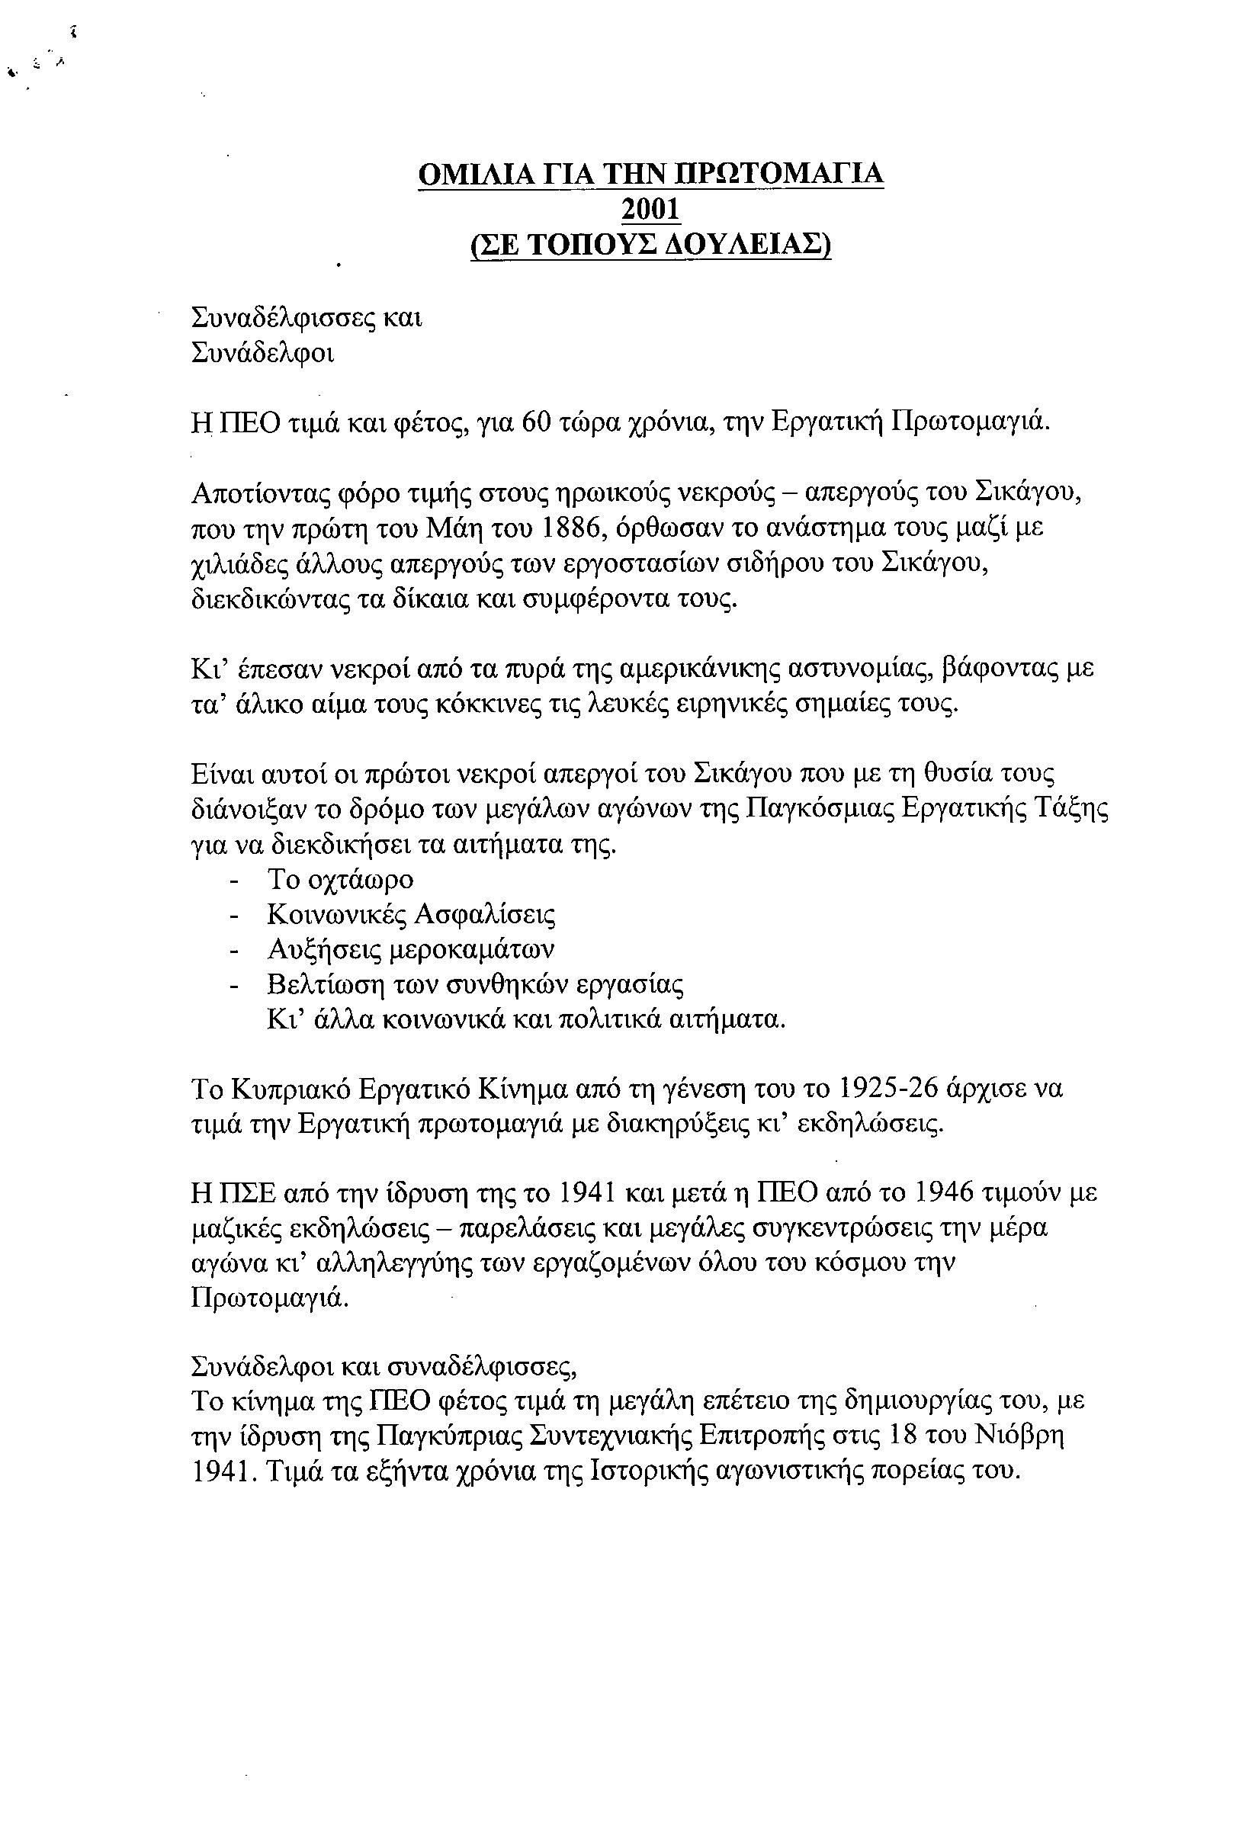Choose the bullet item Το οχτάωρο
(x=340, y=878)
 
